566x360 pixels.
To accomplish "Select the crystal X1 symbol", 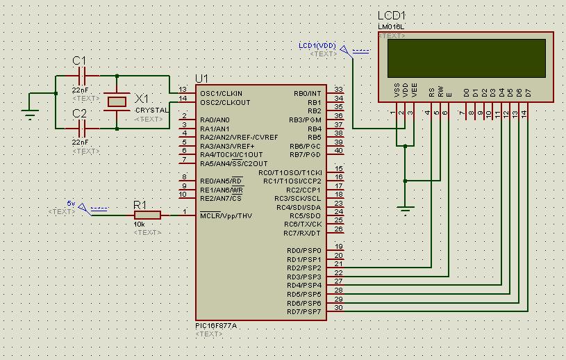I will pyautogui.click(x=116, y=101).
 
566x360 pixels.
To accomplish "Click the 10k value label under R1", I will pyautogui.click(x=140, y=224).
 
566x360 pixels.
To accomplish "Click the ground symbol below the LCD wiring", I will pyautogui.click(x=406, y=207).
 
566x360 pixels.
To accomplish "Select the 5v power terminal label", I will pyautogui.click(x=71, y=203).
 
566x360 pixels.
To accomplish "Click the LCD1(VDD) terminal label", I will pyautogui.click(x=317, y=46).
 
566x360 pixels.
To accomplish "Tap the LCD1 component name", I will pyautogui.click(x=391, y=15).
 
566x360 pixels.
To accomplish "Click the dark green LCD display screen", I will pyautogui.click(x=466, y=58).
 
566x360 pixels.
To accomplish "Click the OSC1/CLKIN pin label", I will pyautogui.click(x=221, y=93).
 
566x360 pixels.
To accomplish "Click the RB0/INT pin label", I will pyautogui.click(x=308, y=93).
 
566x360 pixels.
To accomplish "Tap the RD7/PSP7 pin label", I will pyautogui.click(x=304, y=312).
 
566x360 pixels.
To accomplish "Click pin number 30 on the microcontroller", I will pyautogui.click(x=338, y=307).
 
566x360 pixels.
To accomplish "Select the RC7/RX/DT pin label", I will pyautogui.click(x=303, y=233).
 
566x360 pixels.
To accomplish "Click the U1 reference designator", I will pyautogui.click(x=201, y=78).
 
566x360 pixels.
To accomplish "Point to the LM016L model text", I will pyautogui.click(x=391, y=27).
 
